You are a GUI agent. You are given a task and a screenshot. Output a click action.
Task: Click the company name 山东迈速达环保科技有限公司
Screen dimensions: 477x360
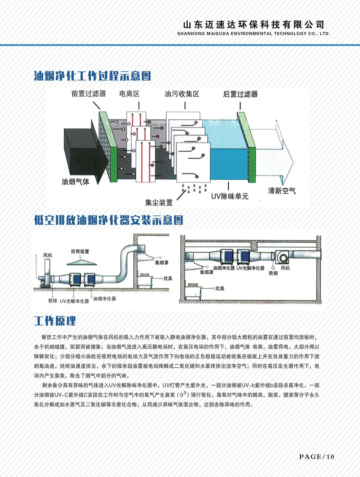tap(253, 24)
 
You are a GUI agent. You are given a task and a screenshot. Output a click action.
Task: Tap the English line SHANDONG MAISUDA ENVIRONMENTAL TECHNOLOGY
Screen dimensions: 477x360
tap(253, 33)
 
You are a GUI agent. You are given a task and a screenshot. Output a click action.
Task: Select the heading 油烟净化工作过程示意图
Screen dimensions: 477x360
tap(92, 76)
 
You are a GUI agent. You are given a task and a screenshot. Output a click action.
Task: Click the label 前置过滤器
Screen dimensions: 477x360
tap(88, 94)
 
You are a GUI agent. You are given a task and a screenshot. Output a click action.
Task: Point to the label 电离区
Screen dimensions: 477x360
tap(129, 94)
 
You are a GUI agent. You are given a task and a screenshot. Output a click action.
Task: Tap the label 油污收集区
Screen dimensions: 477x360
tap(182, 94)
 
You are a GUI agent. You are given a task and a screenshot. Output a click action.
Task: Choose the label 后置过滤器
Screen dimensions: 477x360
tap(240, 94)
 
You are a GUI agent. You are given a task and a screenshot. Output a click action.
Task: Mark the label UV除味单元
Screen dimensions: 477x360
tap(230, 196)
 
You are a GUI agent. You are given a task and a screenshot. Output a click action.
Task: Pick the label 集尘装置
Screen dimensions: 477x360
tap(159, 202)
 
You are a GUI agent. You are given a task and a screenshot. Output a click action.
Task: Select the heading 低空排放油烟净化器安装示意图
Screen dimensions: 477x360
tap(109, 220)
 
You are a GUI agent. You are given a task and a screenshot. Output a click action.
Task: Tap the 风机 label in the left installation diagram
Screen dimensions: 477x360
tap(48, 255)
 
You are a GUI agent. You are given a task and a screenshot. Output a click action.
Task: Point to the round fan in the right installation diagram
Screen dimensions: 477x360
tap(283, 258)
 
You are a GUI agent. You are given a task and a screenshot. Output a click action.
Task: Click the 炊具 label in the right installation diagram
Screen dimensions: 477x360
tap(220, 289)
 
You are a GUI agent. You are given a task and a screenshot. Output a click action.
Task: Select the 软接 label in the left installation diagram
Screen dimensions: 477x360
tap(53, 301)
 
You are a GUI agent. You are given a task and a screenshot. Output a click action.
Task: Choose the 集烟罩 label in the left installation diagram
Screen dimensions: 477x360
tap(162, 263)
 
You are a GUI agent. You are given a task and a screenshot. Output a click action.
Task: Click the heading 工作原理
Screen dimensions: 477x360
tap(55, 321)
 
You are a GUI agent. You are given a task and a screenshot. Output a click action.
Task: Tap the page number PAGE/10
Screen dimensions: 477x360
tap(316, 457)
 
